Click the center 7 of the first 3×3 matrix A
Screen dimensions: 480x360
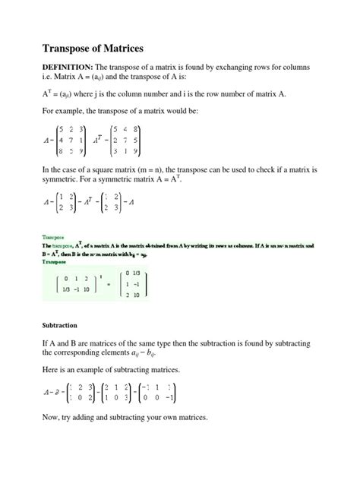tap(69, 139)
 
